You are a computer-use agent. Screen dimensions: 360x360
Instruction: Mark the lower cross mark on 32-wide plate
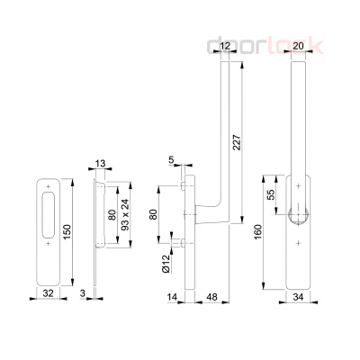click(x=47, y=242)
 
